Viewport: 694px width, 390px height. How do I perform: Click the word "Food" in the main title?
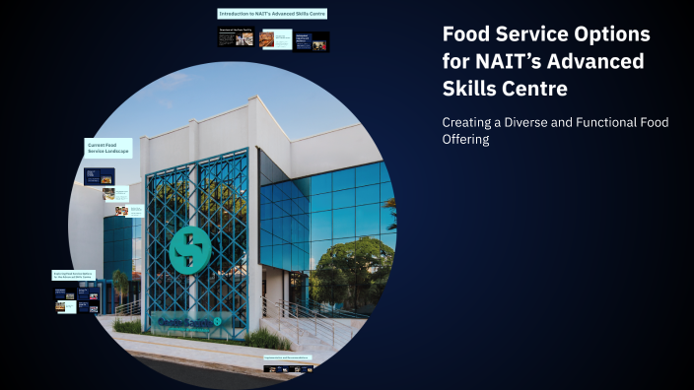tap(466, 33)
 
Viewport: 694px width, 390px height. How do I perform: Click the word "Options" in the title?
tap(612, 33)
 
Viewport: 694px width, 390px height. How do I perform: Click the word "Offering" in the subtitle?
tap(465, 140)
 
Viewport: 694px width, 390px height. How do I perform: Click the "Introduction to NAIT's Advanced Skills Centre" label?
tap(272, 14)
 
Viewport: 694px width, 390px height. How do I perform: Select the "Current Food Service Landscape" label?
tap(108, 149)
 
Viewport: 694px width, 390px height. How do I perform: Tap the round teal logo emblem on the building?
tap(189, 250)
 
